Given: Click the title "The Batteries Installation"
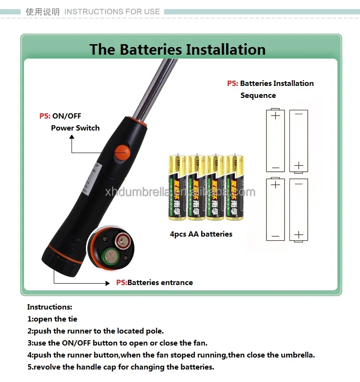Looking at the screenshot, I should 178,49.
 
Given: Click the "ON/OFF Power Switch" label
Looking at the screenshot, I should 70,122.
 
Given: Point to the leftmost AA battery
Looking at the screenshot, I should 177,187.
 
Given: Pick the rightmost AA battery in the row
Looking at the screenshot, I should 235,187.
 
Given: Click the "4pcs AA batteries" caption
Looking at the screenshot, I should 201,234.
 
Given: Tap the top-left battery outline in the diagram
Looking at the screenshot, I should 276,140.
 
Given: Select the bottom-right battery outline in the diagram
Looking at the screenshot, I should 299,209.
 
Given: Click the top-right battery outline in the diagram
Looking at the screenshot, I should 299,140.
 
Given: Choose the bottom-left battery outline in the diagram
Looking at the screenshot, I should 276,209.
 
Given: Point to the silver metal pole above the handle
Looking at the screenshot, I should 158,86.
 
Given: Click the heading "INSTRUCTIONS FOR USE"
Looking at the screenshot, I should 112,12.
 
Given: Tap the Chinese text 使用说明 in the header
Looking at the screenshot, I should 43,12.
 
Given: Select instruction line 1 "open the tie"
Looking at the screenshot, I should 52,319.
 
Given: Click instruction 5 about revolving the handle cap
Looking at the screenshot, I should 120,367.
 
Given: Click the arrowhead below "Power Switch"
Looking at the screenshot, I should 72,137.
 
